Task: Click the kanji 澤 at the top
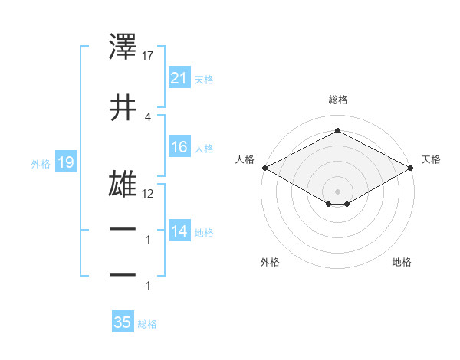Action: (123, 48)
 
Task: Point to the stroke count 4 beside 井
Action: (147, 116)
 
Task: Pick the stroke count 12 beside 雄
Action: (148, 193)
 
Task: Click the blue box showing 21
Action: (179, 78)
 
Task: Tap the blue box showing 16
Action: (179, 147)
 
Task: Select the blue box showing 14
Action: (179, 231)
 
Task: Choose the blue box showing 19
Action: (65, 162)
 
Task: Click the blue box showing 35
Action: (123, 322)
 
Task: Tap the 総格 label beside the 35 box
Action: (147, 324)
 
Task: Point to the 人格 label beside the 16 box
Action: (204, 148)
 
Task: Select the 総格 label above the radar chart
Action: (337, 100)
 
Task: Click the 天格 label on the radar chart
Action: (431, 159)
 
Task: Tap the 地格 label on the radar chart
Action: (402, 262)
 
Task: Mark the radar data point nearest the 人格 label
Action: (264, 168)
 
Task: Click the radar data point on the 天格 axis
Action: (412, 168)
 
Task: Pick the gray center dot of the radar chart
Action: (337, 191)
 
